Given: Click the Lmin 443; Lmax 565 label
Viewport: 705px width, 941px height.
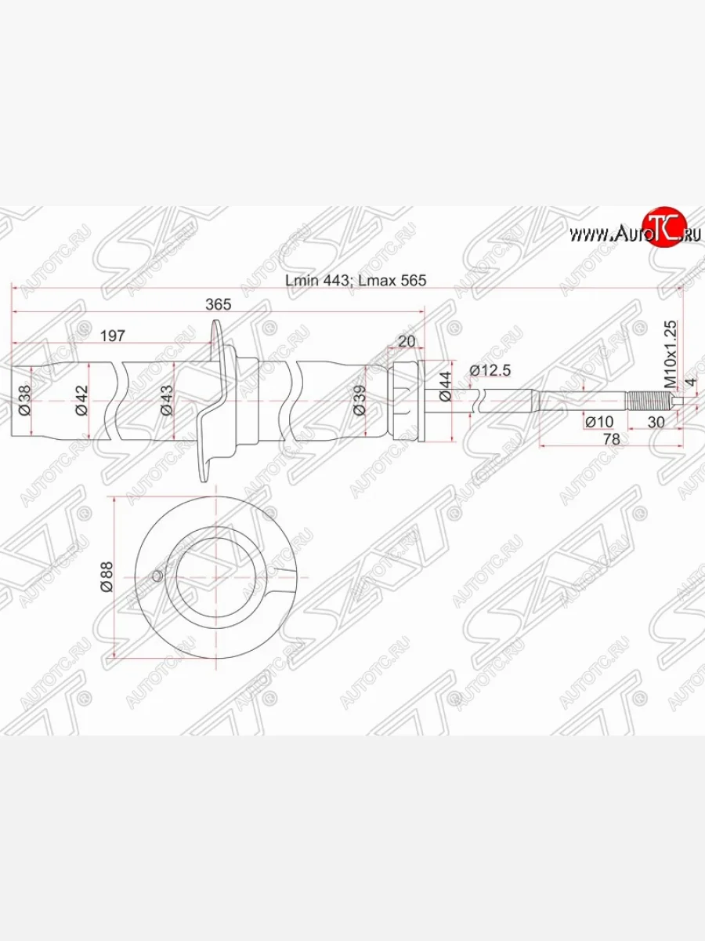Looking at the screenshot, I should point(355,280).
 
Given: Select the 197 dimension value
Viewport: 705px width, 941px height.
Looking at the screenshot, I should point(113,336).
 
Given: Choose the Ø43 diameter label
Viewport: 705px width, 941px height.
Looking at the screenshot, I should point(166,400).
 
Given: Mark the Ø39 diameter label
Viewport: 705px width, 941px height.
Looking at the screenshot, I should point(360,400).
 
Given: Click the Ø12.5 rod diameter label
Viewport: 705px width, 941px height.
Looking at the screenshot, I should point(490,369).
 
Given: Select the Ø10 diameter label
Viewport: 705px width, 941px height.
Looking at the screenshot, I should point(599,423).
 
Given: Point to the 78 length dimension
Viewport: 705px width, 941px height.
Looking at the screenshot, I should point(611,440).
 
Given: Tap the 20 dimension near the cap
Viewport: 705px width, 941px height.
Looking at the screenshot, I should point(406,340).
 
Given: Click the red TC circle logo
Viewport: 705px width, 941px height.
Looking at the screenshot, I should point(663,229).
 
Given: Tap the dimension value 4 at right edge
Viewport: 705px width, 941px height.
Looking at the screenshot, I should point(690,383).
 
